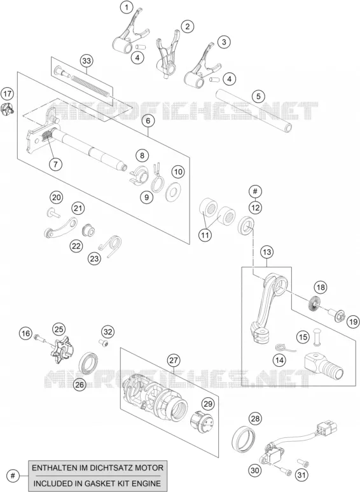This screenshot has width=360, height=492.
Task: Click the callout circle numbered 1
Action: (x=127, y=8)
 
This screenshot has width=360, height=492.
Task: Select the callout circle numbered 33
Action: (x=87, y=60)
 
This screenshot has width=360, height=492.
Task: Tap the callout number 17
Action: (x=8, y=94)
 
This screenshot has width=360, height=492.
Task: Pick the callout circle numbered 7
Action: (x=55, y=164)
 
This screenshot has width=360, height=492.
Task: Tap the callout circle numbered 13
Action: (x=267, y=252)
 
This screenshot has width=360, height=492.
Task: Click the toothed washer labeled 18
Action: (x=312, y=303)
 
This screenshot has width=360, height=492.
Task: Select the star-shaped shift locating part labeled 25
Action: (x=62, y=350)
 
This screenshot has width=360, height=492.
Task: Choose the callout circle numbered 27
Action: (x=174, y=360)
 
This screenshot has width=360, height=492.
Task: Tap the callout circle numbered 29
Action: (x=208, y=404)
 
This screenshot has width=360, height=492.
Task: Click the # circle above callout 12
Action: (x=255, y=191)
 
